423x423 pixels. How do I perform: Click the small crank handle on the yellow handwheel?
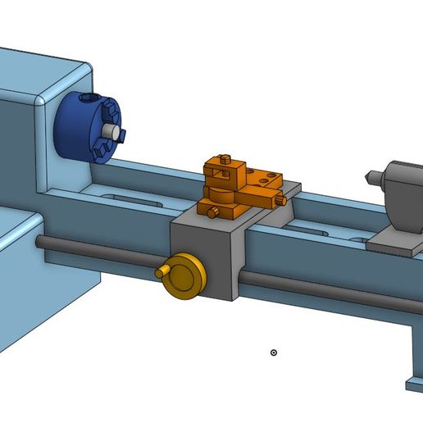[x=161, y=271]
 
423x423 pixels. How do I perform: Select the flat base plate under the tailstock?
[x=393, y=241]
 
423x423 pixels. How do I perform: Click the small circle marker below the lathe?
[x=274, y=352]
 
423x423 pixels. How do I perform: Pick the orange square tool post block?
[x=226, y=172]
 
